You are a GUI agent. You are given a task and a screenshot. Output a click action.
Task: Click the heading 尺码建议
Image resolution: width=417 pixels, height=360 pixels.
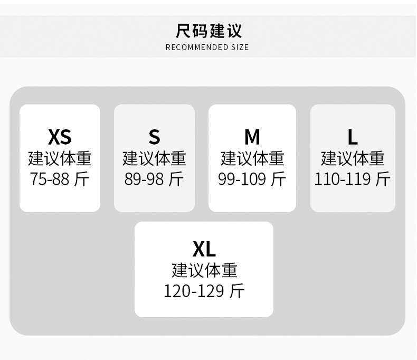coord(209,31)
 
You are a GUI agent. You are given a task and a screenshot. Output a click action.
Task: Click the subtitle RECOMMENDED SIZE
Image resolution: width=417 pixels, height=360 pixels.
coord(207,48)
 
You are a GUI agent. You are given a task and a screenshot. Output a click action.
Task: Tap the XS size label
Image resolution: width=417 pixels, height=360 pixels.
coord(60,137)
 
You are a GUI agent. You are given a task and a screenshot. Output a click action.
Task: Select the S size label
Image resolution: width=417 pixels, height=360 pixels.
coord(154,137)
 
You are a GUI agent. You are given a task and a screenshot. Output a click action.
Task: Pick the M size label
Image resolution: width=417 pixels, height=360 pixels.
coord(252,137)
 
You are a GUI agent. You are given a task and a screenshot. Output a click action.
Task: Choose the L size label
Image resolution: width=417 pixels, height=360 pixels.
coord(353,137)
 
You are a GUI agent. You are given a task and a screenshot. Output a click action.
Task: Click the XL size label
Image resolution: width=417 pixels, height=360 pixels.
coord(204,249)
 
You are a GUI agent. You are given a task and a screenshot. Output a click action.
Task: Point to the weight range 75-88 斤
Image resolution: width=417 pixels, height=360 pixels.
coord(60,179)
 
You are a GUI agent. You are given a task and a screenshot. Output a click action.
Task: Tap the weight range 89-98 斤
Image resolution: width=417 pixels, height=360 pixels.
coord(154,179)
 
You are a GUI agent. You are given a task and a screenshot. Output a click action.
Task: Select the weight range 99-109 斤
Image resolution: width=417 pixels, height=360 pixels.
coord(252,179)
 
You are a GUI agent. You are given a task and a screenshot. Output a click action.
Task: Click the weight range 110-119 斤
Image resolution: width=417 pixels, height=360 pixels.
coord(353,179)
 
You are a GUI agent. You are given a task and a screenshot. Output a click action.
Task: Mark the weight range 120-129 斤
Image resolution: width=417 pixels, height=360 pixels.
coord(204,291)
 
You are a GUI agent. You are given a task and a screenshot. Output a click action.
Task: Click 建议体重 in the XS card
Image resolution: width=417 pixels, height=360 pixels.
coord(60,158)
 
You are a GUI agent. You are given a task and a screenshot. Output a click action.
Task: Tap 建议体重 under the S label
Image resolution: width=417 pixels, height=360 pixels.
coord(154,158)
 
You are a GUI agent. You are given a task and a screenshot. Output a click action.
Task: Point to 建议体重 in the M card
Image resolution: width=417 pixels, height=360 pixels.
coord(252,158)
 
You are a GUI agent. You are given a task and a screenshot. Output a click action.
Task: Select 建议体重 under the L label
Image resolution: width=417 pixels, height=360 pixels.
coord(353,158)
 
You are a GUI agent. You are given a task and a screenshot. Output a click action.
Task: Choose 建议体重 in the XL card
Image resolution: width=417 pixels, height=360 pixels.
coord(204,270)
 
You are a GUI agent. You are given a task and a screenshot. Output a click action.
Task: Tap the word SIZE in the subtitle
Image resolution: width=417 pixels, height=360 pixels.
coord(239,48)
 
